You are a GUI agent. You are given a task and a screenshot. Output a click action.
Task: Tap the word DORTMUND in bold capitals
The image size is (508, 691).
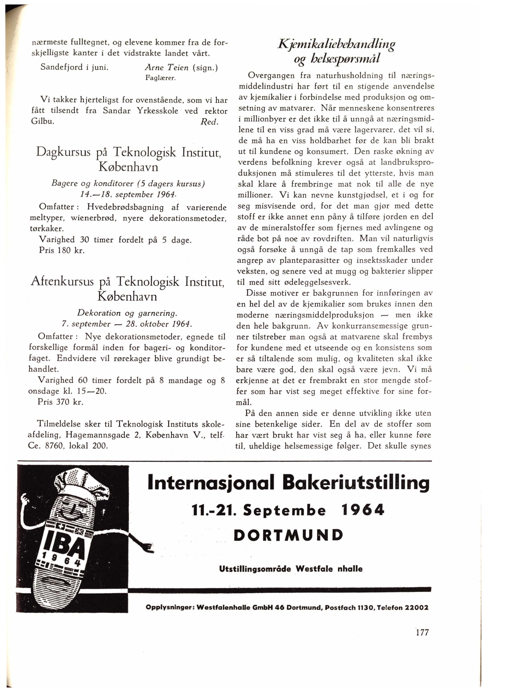click(288, 535)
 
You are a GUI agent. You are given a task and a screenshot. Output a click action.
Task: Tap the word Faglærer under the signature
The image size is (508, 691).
click(160, 78)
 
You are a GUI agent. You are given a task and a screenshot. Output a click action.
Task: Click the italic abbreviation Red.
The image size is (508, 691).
click(209, 122)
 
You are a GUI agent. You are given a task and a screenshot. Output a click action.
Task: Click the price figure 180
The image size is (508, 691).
click(65, 250)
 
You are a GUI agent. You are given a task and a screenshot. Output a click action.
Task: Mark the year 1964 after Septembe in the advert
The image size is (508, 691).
click(363, 510)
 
